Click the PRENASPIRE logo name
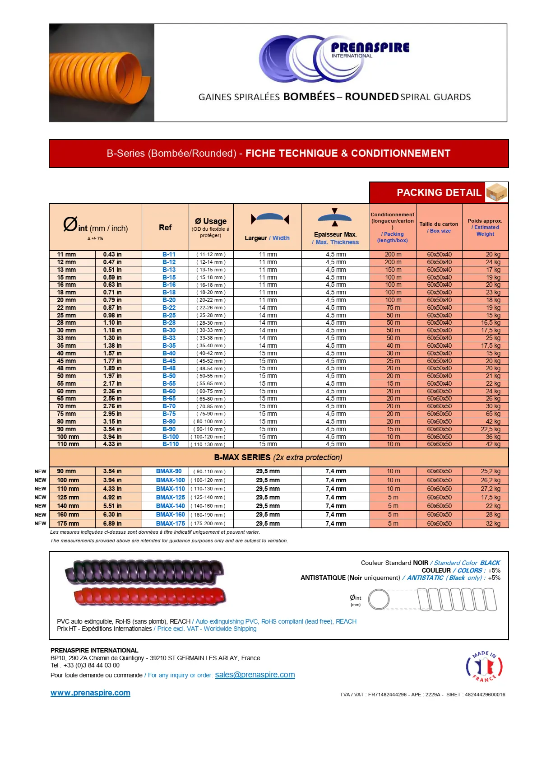[x=370, y=47]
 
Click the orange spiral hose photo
[x=102, y=73]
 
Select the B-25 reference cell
[x=169, y=315]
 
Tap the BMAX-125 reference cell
[x=170, y=497]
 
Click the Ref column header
[x=165, y=228]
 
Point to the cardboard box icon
[x=496, y=192]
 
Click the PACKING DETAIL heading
[x=439, y=193]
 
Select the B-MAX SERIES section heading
[x=278, y=457]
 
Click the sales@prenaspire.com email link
[x=255, y=675]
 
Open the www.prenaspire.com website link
[x=90, y=693]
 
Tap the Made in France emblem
[x=484, y=666]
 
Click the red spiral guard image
[x=149, y=596]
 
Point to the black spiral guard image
[x=144, y=572]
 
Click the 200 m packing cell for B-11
[x=393, y=255]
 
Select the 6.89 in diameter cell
[x=112, y=523]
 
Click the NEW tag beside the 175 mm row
[x=41, y=523]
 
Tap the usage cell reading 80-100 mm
[x=210, y=421]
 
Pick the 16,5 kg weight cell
[x=491, y=323]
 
